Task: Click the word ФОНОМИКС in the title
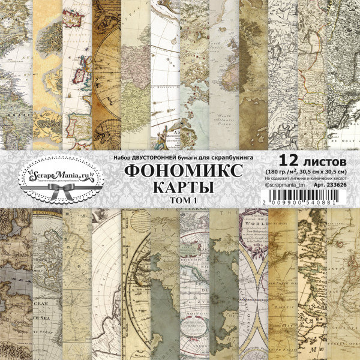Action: pyautogui.click(x=185, y=171)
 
